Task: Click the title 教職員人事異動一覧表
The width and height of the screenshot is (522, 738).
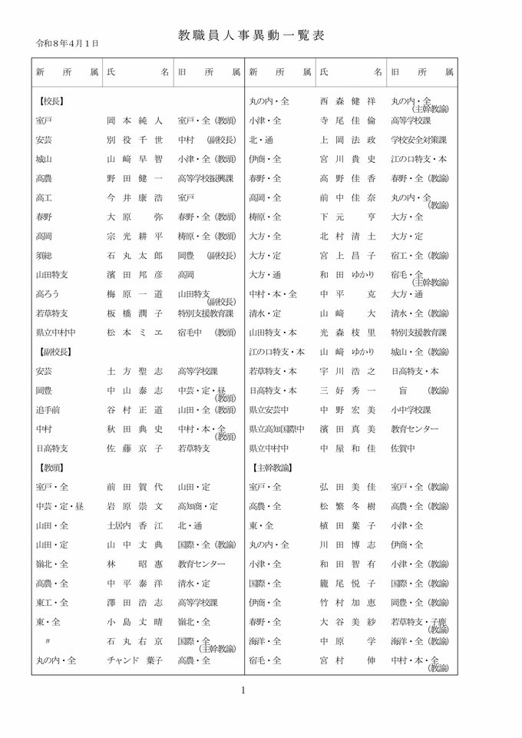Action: pyautogui.click(x=262, y=35)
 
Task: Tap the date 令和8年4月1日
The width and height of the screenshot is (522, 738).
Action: pyautogui.click(x=68, y=44)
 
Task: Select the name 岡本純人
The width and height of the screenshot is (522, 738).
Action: pyautogui.click(x=134, y=121)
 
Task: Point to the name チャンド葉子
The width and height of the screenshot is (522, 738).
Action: pyautogui.click(x=134, y=660)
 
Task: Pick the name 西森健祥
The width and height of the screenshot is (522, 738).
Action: pyautogui.click(x=349, y=101)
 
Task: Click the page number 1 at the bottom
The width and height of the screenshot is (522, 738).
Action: pyautogui.click(x=243, y=690)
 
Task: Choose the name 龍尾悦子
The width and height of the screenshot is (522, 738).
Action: pyautogui.click(x=349, y=583)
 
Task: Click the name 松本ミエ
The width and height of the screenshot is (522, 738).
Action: pyautogui.click(x=134, y=332)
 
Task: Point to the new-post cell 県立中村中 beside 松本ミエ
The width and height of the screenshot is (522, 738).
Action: pyautogui.click(x=55, y=332)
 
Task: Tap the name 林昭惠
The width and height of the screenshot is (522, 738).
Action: pyautogui.click(x=134, y=564)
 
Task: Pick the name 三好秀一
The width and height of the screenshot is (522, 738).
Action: pyautogui.click(x=349, y=390)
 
